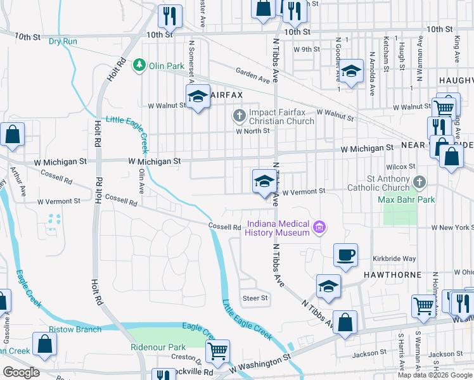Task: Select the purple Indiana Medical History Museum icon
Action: click(319, 227)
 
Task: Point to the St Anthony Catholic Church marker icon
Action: click(419, 182)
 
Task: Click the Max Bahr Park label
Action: click(406, 199)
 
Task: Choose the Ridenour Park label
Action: click(158, 347)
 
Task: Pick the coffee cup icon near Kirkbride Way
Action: click(345, 255)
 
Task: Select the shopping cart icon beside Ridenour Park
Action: click(217, 350)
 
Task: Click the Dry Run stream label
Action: click(63, 41)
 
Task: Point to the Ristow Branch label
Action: click(75, 329)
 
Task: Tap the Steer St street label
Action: click(255, 298)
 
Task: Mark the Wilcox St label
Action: click(402, 166)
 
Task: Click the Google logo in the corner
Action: click(21, 372)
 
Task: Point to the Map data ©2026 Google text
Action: click(435, 375)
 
